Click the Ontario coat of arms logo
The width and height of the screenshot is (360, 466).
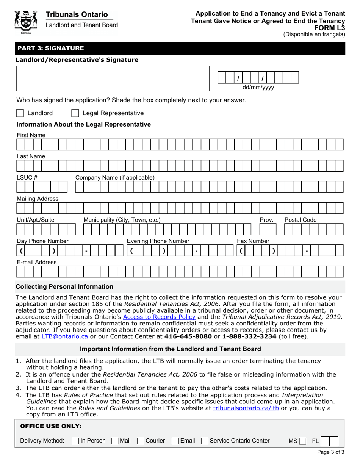25,22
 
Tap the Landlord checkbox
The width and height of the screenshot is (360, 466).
20,113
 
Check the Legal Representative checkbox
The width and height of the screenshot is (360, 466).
75,113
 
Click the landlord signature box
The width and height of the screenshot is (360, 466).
113,78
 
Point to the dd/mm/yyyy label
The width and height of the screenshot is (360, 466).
258,88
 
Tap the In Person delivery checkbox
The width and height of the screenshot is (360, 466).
75,441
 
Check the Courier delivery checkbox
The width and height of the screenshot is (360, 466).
140,441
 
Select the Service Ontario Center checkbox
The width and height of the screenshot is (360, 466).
205,441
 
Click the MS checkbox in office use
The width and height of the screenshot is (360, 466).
302,441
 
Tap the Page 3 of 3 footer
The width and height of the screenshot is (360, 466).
330,452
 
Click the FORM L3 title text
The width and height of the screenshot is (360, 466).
332,27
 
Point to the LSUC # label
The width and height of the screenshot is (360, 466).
27,177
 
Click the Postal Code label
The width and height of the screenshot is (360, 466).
301,220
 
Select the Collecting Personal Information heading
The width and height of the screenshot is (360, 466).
64,286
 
